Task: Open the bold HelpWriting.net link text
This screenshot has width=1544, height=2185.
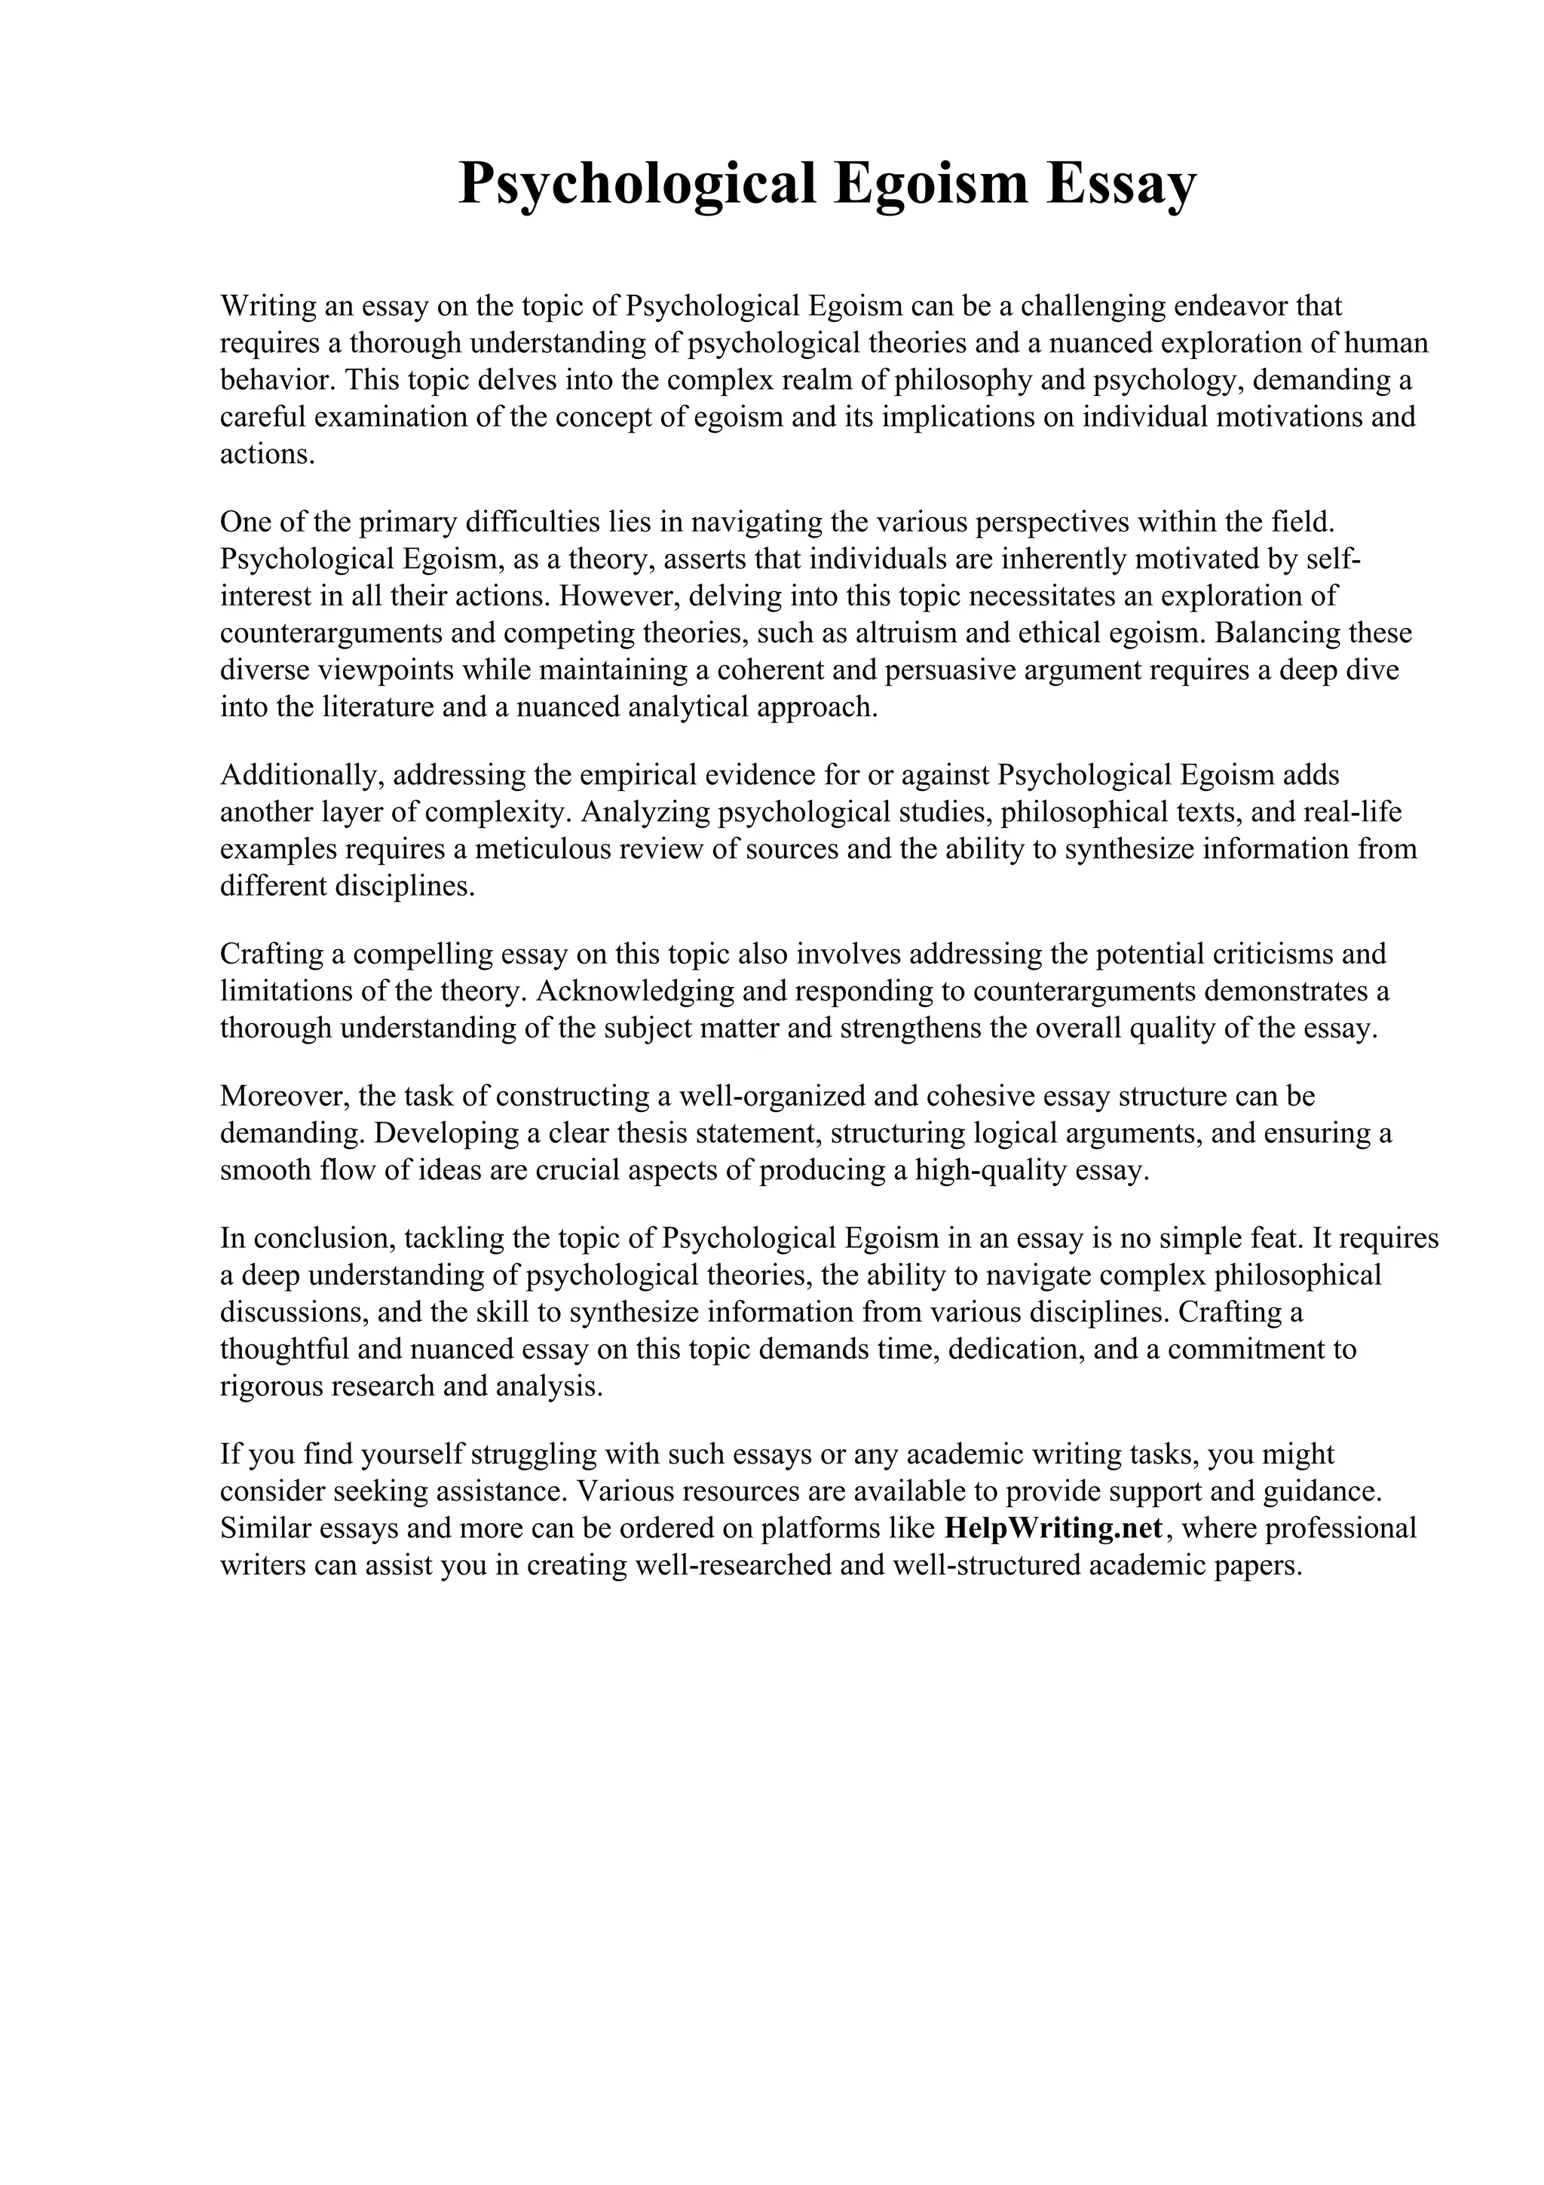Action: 1053,1528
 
